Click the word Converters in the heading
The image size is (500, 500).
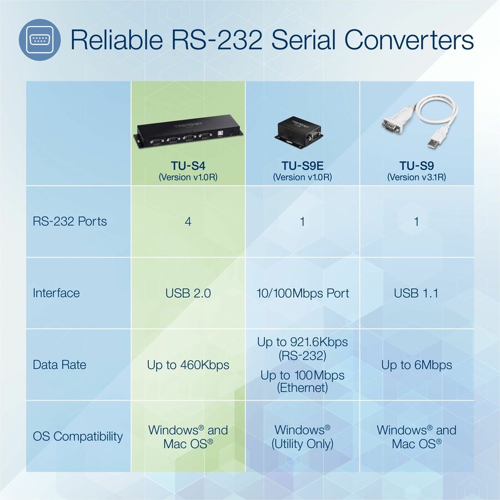409,40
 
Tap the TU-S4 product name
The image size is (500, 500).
188,165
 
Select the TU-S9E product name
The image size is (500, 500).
302,165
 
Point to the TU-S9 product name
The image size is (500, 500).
416,165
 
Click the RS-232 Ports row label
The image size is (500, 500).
69,221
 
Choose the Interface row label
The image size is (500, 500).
56,293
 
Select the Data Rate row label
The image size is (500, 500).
60,365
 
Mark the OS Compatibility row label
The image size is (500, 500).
77,437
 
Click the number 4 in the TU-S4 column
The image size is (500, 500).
188,221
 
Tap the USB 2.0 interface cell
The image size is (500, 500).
188,293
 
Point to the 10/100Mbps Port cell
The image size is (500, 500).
302,293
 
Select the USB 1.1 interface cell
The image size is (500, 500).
416,293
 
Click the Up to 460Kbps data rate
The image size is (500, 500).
188,365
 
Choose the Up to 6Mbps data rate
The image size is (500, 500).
416,365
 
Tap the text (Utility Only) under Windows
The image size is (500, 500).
302,444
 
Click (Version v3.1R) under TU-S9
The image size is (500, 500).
416,177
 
